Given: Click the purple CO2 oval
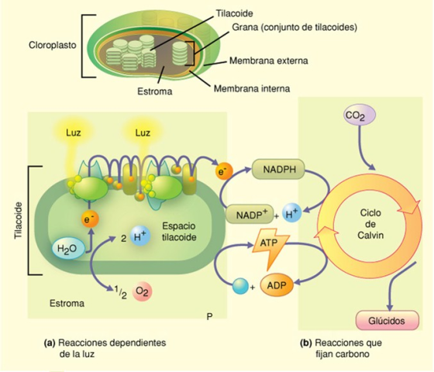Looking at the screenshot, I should (x=356, y=116).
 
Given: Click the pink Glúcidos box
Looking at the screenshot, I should (x=385, y=320).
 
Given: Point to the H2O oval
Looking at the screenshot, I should (x=67, y=250).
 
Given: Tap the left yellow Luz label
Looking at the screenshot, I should (x=73, y=133).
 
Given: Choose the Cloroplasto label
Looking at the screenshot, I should (x=52, y=45).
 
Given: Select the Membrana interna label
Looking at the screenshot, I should (x=251, y=89).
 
